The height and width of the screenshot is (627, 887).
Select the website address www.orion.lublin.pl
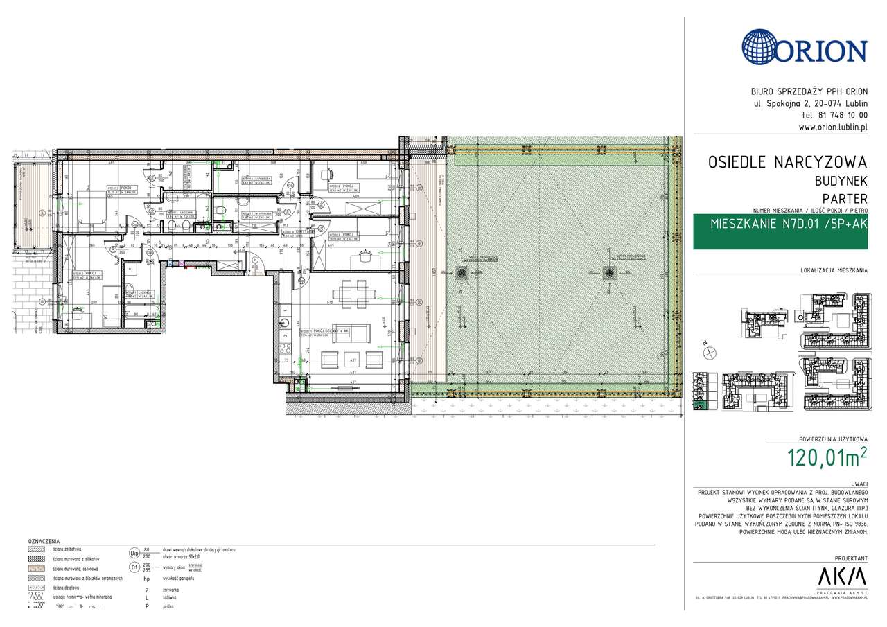point(833,127)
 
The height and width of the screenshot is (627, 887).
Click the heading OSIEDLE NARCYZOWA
point(787,163)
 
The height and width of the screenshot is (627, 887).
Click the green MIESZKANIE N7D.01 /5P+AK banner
point(780,224)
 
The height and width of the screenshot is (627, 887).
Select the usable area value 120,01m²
point(827,458)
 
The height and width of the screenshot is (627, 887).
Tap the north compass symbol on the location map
point(710,353)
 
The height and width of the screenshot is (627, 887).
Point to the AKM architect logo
point(842,576)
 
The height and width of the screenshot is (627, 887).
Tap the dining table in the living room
point(350,295)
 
